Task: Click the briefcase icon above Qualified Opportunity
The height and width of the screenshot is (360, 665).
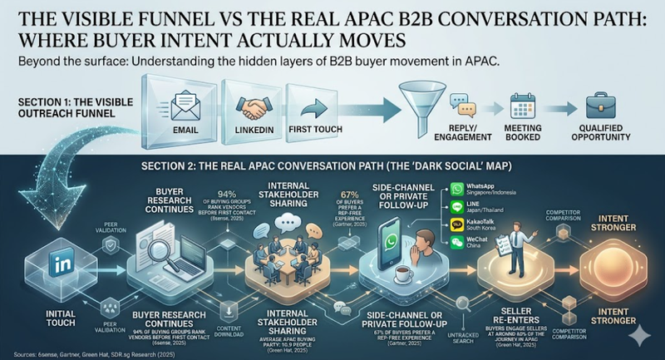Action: tap(601, 107)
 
